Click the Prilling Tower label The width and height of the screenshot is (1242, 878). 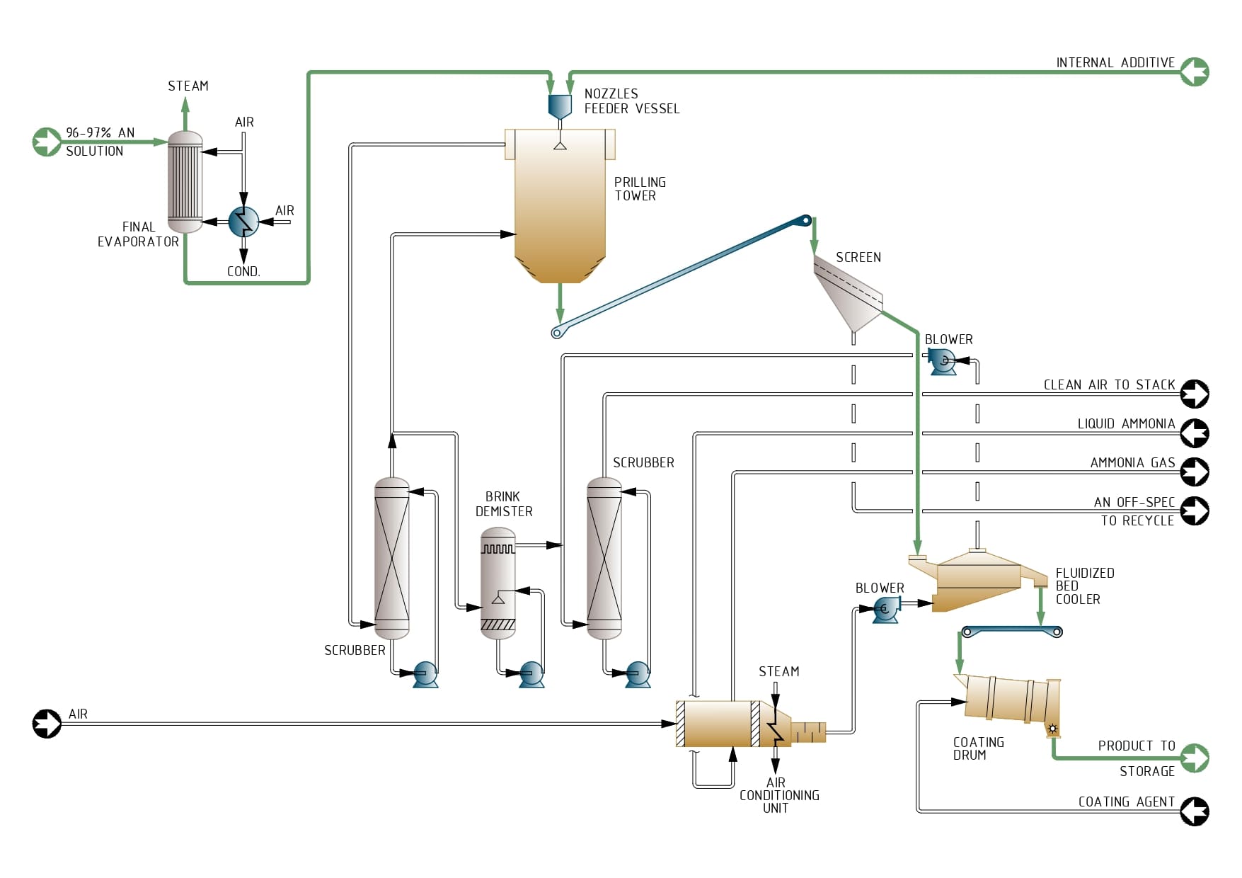(640, 189)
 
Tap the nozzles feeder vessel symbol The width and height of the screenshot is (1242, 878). (560, 106)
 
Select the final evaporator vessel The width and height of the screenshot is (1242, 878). (185, 182)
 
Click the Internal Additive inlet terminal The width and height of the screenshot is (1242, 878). (1195, 72)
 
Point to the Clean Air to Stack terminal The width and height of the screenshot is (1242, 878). (1195, 394)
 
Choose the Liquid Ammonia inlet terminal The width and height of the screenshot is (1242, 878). (1195, 433)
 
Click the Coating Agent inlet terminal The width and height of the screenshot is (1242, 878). (1195, 811)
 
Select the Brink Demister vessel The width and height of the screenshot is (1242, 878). (498, 583)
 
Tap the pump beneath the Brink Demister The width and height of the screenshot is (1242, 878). (531, 673)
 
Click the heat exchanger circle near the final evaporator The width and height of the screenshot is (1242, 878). (243, 222)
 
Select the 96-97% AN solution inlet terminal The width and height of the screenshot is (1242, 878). (47, 142)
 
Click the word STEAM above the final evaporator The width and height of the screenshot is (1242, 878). (188, 86)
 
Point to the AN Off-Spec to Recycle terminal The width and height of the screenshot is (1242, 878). (1195, 511)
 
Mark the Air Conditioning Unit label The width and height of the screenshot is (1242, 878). (779, 795)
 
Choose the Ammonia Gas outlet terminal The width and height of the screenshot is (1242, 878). (1195, 472)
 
